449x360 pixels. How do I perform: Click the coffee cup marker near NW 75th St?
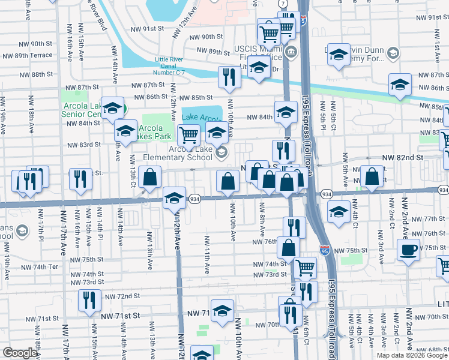408,249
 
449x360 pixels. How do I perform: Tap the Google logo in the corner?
20,353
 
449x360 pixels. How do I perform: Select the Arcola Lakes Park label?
155,131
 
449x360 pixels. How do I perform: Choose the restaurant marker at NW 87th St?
228,76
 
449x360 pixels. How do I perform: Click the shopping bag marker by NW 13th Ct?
149,177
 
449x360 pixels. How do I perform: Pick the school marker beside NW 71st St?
222,310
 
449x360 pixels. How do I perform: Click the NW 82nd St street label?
403,157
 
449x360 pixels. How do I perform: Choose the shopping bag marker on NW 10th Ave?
228,181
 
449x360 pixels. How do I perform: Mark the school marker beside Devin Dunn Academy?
339,56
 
